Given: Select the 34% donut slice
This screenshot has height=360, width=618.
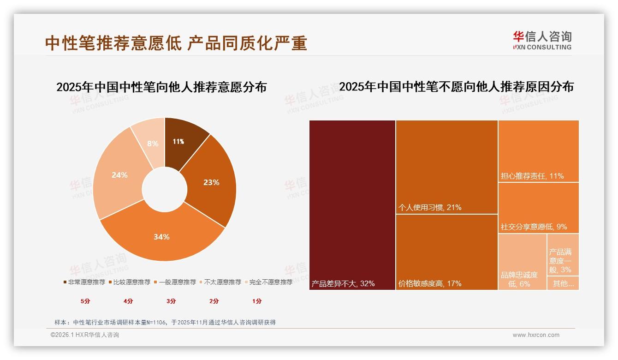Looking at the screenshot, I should (161, 237).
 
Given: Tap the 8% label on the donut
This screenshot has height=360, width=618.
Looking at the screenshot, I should (153, 144).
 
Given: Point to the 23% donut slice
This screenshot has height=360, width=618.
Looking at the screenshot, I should (211, 182).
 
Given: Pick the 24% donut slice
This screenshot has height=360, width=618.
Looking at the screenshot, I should (119, 175).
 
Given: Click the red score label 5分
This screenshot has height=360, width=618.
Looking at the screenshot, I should (86, 301).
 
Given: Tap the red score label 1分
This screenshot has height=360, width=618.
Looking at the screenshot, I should (257, 301).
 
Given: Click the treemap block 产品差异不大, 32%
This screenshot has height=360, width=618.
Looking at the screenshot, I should (352, 205).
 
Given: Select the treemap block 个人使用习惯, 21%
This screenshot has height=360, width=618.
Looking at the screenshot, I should (446, 167).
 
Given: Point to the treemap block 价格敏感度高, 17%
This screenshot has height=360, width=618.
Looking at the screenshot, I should (446, 252).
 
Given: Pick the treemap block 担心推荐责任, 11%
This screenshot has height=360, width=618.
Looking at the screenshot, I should (538, 151).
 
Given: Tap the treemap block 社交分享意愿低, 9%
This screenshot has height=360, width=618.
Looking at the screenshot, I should (538, 208).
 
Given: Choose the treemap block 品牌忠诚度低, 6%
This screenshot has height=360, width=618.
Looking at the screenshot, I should (522, 262).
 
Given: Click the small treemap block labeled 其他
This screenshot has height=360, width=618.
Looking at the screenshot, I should (563, 283).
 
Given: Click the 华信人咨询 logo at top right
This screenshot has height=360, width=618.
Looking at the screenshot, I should (542, 40).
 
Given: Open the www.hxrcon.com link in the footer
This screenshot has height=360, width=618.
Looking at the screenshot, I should (536, 335).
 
